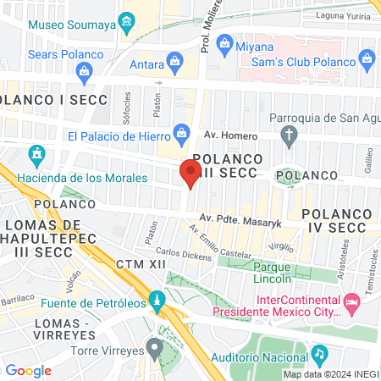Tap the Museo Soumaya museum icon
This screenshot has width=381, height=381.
[127, 20]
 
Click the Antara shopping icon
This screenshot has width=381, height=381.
[174, 60]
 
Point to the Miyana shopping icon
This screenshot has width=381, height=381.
[225, 41]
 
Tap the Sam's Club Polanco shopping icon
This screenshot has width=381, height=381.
[367, 58]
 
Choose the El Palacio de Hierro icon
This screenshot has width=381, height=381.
[181, 132]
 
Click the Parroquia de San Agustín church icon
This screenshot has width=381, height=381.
[290, 134]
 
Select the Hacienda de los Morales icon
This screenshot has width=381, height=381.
[36, 155]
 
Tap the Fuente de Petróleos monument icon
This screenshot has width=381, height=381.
[156, 300]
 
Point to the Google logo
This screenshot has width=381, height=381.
[28, 370]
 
